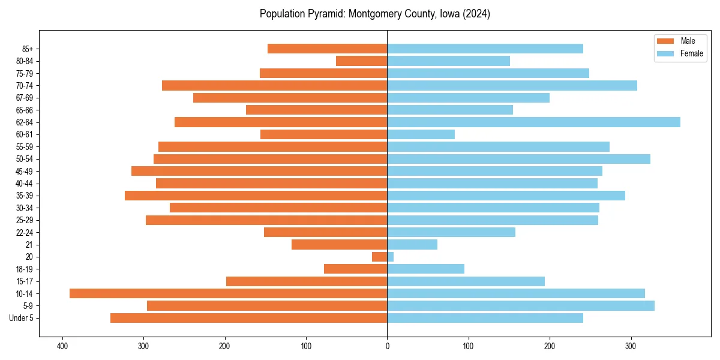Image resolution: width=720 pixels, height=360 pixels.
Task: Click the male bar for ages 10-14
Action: (x=228, y=293)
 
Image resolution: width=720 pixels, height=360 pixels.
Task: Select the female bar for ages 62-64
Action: (x=533, y=122)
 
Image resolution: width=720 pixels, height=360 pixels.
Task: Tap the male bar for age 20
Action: (x=379, y=257)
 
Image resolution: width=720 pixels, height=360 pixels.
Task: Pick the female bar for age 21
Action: (x=412, y=244)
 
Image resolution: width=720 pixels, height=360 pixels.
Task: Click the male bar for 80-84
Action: (x=361, y=61)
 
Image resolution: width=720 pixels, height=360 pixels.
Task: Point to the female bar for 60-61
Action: (x=421, y=134)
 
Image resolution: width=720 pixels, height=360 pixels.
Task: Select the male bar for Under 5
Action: (x=248, y=318)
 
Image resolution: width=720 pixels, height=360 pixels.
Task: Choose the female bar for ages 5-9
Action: (x=520, y=305)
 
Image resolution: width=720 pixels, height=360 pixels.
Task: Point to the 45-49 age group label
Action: (x=25, y=171)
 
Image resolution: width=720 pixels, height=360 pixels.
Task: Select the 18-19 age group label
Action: (x=25, y=269)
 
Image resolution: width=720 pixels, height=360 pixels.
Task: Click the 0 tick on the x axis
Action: (x=387, y=346)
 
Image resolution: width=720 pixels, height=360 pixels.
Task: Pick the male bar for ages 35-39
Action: (x=256, y=196)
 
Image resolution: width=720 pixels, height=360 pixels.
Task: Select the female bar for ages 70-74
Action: (x=512, y=85)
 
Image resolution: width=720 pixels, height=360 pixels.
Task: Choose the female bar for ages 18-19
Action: (x=425, y=269)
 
